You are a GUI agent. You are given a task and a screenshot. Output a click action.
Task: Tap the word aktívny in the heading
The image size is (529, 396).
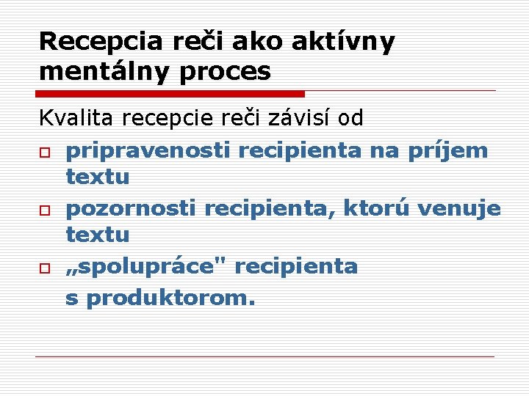click(342, 42)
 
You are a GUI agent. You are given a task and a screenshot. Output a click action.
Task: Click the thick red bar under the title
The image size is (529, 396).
click(170, 94)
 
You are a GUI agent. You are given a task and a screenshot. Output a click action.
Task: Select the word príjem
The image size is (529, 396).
click(450, 150)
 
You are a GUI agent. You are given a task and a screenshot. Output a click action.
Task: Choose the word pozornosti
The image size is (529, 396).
click(130, 209)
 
